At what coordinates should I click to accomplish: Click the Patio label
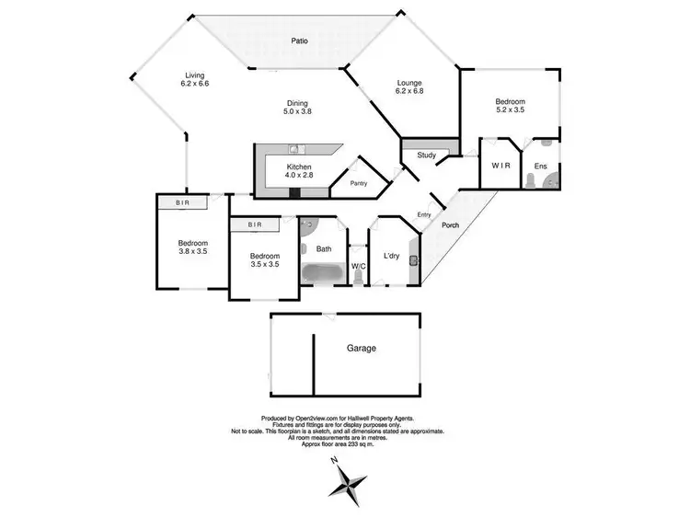[299, 41]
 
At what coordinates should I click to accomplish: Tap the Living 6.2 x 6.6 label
[195, 80]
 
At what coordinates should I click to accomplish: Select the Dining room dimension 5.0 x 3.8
[296, 111]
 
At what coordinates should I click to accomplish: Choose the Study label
[426, 155]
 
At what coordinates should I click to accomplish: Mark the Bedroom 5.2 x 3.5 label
[511, 106]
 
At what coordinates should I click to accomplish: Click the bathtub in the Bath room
[322, 273]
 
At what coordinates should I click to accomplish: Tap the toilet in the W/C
[358, 277]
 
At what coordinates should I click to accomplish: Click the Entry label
[423, 215]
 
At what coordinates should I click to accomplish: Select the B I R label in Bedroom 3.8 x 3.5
[171, 203]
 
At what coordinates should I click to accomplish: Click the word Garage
[362, 349]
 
